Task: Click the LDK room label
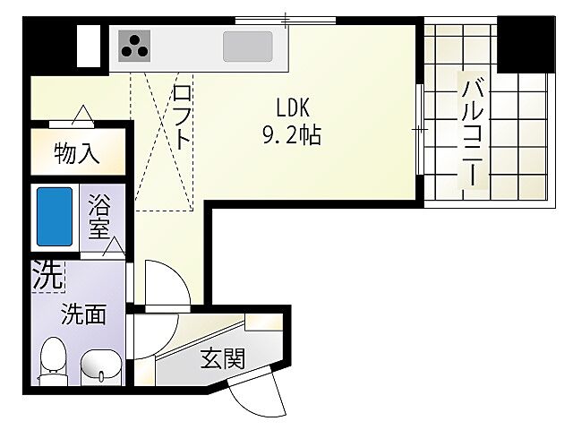(291, 107)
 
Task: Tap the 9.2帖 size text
(291, 136)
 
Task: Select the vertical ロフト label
(182, 116)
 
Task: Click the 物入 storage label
(77, 154)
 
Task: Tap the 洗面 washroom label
(83, 314)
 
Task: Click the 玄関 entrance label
(221, 359)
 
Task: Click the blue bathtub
(54, 218)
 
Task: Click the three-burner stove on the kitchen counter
(135, 44)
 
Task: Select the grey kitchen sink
(248, 45)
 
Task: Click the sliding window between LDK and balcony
(420, 131)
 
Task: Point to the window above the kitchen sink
(285, 19)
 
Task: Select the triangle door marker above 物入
(82, 115)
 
